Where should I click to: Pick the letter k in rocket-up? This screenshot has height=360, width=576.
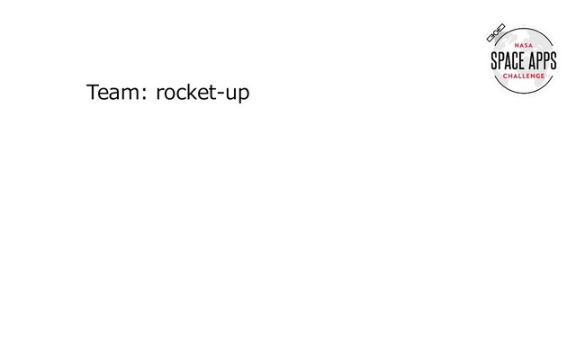pos(191,93)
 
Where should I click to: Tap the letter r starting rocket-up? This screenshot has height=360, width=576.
pos(160,94)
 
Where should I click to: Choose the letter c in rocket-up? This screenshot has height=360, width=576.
pos(181,94)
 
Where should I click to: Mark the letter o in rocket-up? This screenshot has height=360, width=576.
pos(170,94)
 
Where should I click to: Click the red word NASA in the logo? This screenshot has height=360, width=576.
pos(524,47)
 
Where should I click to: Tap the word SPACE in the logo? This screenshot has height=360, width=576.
pos(507,61)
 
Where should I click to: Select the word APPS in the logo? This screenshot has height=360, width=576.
pos(542,61)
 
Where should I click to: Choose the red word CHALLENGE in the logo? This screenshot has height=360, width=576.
pos(524,76)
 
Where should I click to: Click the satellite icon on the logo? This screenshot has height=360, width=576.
pos(496,33)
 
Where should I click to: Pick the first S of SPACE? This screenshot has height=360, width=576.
pos(494,61)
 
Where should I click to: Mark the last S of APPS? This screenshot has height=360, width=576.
pos(553,61)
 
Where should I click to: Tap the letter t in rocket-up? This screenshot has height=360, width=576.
pos(211,94)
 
